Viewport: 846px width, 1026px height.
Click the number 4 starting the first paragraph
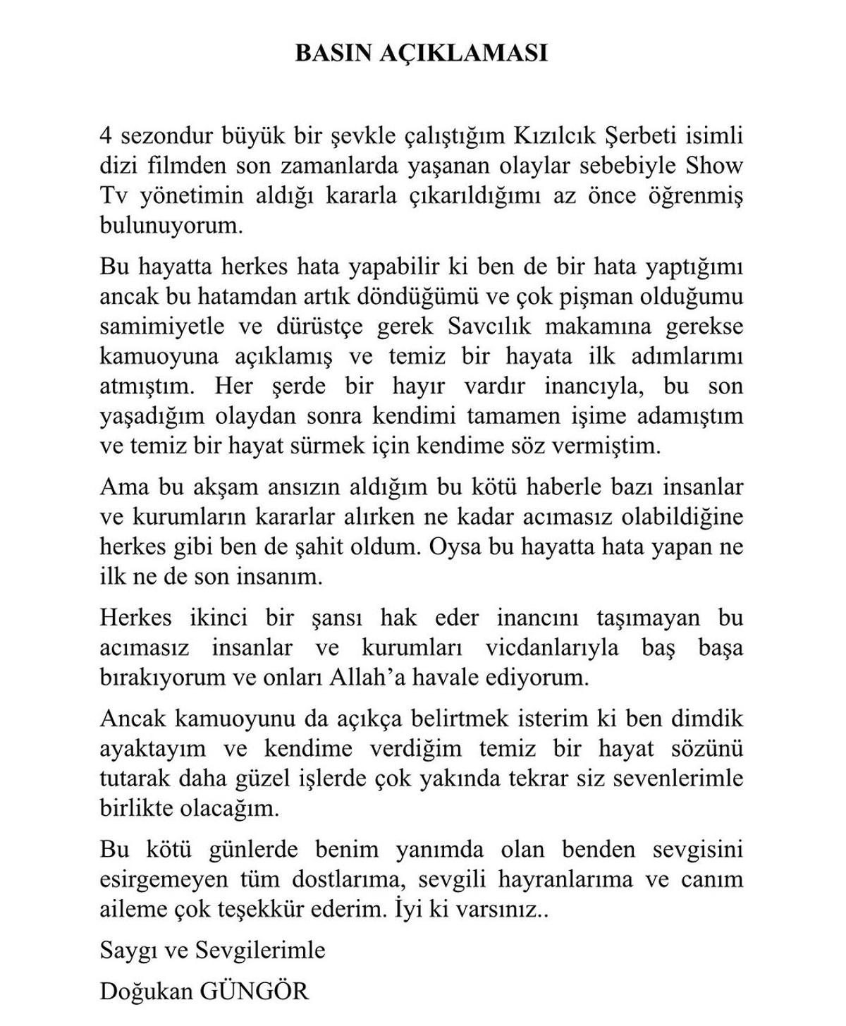pos(106,135)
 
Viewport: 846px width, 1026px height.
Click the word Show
pos(718,166)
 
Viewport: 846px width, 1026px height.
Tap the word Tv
pos(113,195)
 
